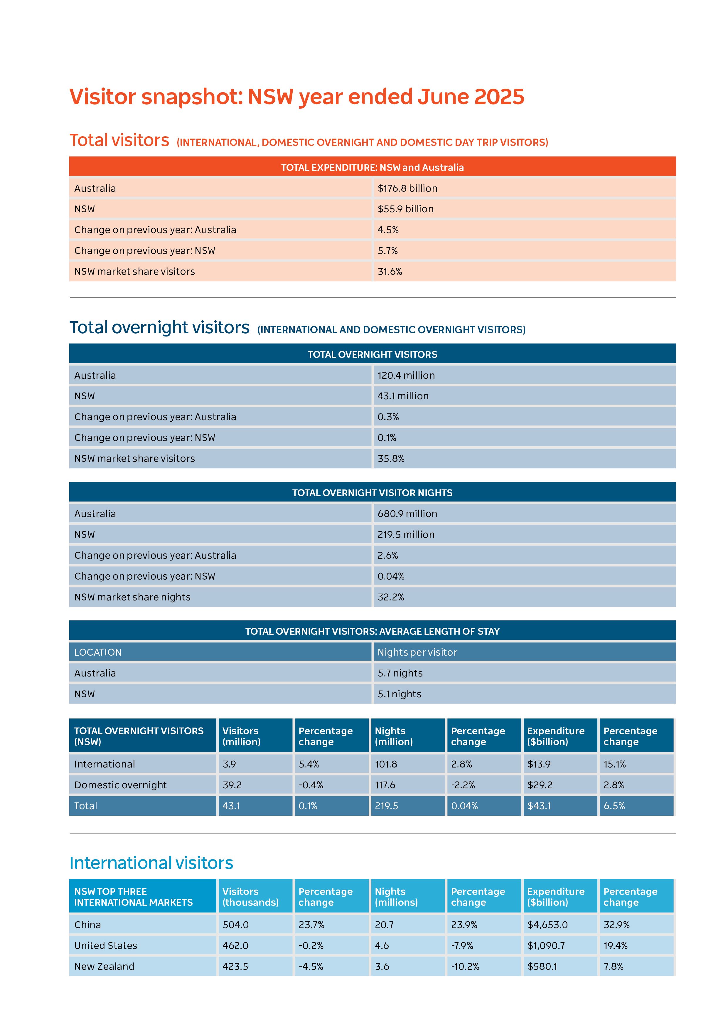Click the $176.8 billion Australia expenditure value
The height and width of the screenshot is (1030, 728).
click(x=407, y=189)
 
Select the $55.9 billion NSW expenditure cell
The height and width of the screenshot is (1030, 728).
click(x=405, y=209)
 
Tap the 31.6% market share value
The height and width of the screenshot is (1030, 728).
click(x=390, y=271)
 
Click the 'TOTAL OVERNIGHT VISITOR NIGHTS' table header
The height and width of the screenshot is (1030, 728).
click(x=372, y=493)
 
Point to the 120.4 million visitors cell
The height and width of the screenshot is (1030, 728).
click(x=406, y=376)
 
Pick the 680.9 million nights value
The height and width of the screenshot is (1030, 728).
click(x=407, y=514)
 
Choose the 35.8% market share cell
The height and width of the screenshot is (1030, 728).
click(x=391, y=458)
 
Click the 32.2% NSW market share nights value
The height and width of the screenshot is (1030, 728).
click(x=391, y=597)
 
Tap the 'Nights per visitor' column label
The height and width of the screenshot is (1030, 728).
click(x=417, y=652)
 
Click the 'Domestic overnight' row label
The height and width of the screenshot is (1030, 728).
click(x=120, y=785)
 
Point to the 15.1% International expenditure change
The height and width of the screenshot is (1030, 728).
click(x=614, y=764)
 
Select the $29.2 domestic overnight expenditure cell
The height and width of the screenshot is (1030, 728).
click(x=540, y=785)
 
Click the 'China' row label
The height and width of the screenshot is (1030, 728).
click(x=87, y=925)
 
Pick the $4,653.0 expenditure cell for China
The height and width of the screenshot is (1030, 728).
click(x=547, y=925)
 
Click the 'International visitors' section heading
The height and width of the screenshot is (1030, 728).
click(x=151, y=863)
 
